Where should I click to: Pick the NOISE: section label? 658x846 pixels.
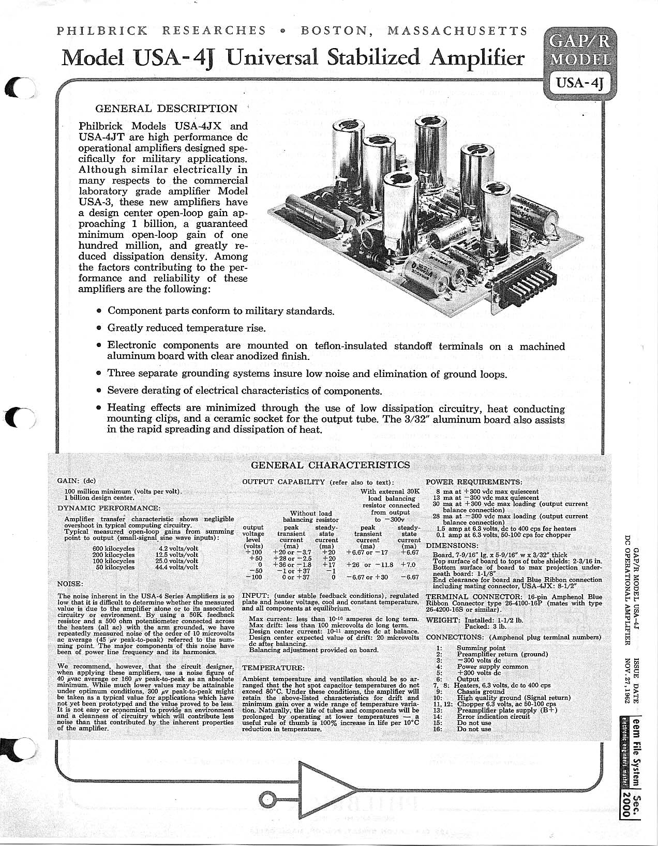click(70, 584)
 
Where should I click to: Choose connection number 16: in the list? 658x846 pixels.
click(438, 729)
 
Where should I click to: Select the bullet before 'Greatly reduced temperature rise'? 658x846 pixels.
click(100, 328)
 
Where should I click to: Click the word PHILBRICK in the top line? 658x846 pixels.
click(102, 31)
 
